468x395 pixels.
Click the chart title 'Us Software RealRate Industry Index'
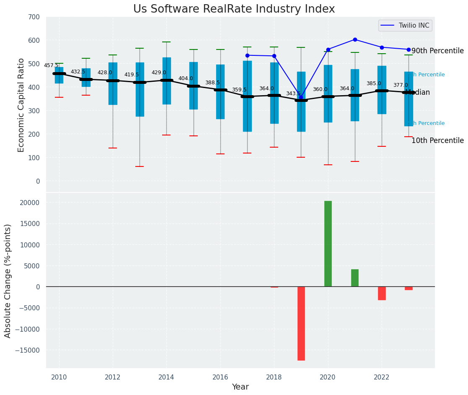pyautogui.click(x=234, y=9)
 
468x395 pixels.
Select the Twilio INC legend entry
pyautogui.click(x=405, y=26)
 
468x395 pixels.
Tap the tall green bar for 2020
pyautogui.click(x=328, y=244)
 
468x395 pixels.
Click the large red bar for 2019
pyautogui.click(x=301, y=323)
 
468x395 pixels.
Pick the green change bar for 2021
pyautogui.click(x=354, y=278)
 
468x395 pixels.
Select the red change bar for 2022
pyautogui.click(x=382, y=293)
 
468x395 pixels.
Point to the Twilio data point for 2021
pyautogui.click(x=355, y=39)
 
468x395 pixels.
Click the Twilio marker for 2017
pyautogui.click(x=247, y=55)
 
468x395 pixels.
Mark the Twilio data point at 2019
pyautogui.click(x=301, y=97)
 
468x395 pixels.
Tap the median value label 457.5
pyautogui.click(x=51, y=65)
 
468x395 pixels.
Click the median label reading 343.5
pyautogui.click(x=293, y=94)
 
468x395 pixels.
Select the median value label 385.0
pyautogui.click(x=374, y=83)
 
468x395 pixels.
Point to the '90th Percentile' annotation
pyautogui.click(x=437, y=51)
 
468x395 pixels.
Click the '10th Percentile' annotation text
pyautogui.click(x=437, y=141)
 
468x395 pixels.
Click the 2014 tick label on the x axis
pyautogui.click(x=166, y=377)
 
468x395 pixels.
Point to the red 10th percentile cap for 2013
pyautogui.click(x=140, y=166)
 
